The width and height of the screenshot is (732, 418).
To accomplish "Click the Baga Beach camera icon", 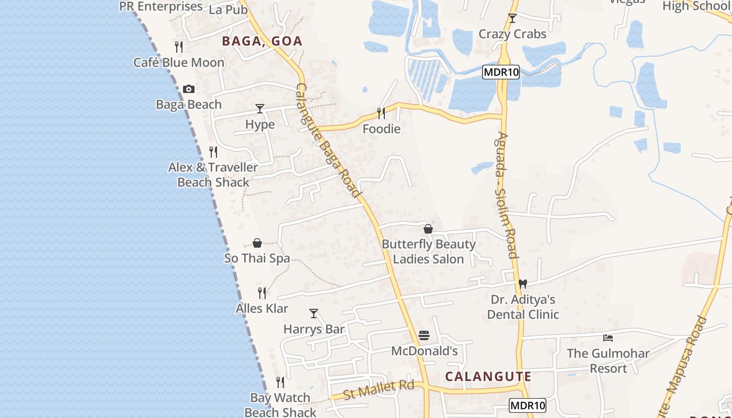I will (189, 89).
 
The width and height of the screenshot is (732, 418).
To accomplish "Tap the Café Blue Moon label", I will (179, 63).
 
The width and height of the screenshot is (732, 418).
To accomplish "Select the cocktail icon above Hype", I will (260, 109).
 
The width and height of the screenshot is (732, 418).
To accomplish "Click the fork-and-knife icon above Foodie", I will (381, 113).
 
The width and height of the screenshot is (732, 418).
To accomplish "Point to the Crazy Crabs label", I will (512, 34).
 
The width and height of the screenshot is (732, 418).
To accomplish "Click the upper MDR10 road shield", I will (501, 73).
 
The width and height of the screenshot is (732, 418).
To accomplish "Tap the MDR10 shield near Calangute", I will (528, 405).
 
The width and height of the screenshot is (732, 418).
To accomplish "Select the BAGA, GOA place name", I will (262, 41).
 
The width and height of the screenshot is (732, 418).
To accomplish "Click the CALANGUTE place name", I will (488, 377).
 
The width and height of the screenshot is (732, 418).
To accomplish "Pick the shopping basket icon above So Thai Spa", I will (257, 243).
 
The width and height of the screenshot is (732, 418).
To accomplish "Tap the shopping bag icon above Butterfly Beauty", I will (428, 229).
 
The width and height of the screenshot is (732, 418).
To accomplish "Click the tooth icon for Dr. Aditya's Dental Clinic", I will (522, 284).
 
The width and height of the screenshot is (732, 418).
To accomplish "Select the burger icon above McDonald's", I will (424, 335).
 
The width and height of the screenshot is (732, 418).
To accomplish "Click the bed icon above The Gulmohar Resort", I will (608, 338).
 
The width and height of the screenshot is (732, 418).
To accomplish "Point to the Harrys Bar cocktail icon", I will (314, 313).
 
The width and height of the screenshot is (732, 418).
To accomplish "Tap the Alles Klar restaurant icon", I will (262, 293).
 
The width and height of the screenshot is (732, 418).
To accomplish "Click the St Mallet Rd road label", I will (379, 389).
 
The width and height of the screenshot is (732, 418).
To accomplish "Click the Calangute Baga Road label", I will (328, 141).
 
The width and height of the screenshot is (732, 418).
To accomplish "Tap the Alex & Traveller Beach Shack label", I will (213, 175).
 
